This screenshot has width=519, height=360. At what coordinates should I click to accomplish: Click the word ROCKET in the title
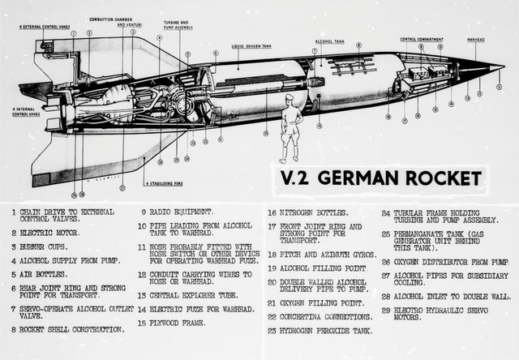[435, 178]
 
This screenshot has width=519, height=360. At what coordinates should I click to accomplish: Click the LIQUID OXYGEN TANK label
[251, 46]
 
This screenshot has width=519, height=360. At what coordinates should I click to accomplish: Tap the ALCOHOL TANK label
[329, 41]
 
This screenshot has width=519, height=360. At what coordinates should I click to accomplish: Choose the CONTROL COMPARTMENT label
[420, 38]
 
